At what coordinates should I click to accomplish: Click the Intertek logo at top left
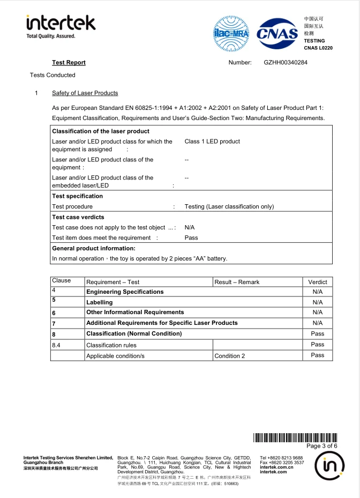(61, 25)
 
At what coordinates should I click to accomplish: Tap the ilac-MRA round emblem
(232, 33)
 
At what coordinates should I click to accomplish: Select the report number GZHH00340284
(286, 63)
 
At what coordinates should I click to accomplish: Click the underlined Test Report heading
(69, 63)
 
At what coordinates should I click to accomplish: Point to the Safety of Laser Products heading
(85, 93)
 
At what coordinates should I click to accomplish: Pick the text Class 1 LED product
(212, 142)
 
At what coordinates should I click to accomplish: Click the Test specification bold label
(77, 196)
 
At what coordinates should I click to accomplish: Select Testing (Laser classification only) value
(229, 206)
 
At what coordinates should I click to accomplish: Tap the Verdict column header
(318, 282)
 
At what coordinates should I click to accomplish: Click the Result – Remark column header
(237, 282)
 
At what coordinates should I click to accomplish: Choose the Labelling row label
(100, 302)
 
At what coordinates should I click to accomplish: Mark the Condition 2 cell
(230, 356)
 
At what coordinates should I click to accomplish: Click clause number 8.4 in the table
(56, 345)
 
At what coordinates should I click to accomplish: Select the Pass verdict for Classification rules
(318, 345)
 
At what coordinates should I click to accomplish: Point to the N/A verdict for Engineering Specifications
(318, 292)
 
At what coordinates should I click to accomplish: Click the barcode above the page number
(295, 437)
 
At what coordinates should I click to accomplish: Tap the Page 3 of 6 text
(321, 446)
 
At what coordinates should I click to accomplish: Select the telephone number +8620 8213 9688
(281, 458)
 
